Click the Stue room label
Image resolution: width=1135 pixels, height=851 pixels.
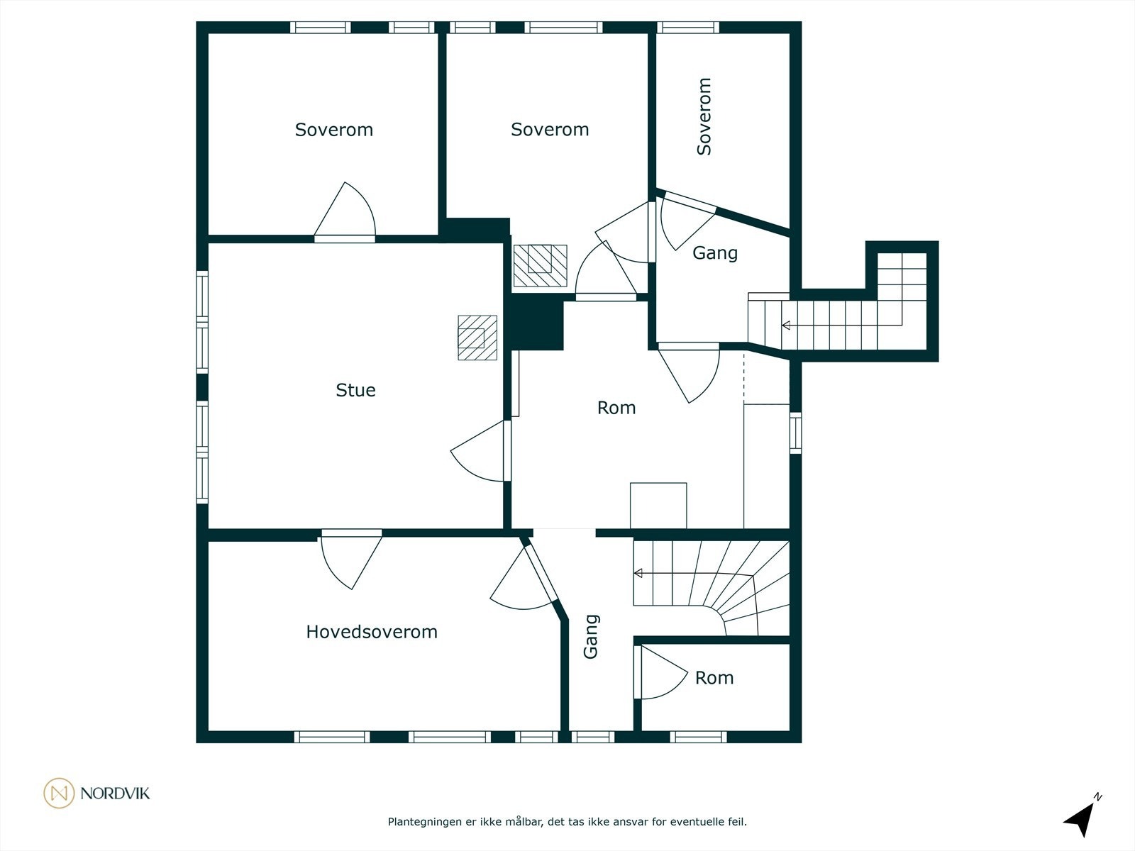point(356,390)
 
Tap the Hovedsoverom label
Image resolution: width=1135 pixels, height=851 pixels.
point(372,632)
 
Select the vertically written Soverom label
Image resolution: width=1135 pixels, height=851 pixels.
point(704,116)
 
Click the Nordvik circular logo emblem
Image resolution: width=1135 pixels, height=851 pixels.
point(59,793)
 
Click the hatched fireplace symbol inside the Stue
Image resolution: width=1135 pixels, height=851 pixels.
point(477,338)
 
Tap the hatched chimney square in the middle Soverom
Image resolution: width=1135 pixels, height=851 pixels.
point(540,265)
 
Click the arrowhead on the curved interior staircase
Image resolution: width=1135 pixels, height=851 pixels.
point(638,573)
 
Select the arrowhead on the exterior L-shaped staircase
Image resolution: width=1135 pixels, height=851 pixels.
point(786,325)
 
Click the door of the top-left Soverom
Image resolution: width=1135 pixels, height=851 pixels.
point(345,212)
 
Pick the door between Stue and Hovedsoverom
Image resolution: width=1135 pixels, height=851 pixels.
point(352,559)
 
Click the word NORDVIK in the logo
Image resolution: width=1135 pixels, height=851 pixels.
point(115,794)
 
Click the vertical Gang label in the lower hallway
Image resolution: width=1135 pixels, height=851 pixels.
point(590,637)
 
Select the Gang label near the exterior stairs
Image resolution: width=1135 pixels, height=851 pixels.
point(715,253)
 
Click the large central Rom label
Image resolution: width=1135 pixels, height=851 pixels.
point(616,408)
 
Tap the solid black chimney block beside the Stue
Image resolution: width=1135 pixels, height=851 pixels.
point(536,324)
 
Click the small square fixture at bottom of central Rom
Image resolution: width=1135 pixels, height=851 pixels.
point(658,506)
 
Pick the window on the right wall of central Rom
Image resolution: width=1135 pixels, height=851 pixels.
point(796,433)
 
